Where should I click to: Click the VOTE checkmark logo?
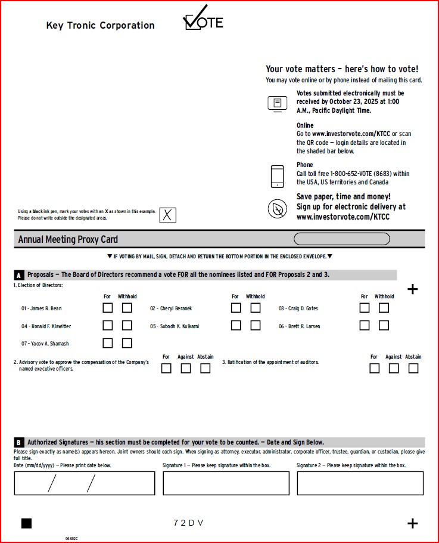pos(203,20)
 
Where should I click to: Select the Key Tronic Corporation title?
pos(100,25)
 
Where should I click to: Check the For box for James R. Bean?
pos(107,308)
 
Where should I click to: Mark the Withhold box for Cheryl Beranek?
pos(256,308)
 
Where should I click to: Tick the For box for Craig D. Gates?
pos(365,308)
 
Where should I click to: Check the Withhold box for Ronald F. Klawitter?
pos(127,326)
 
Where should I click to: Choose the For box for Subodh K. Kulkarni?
pos(236,326)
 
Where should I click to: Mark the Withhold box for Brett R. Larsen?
pos(384,326)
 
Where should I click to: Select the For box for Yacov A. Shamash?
pos(107,343)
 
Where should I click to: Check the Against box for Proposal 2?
pos(186,368)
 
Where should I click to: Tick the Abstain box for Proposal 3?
pos(413,368)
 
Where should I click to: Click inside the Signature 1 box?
pos(226,483)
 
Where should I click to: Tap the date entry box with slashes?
pos(84,483)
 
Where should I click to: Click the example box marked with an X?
pos(167,215)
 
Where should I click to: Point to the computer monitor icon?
pos(278,103)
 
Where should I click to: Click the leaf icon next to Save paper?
pos(278,208)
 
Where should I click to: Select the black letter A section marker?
pos(18,275)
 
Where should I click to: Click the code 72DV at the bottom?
pos(188,523)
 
